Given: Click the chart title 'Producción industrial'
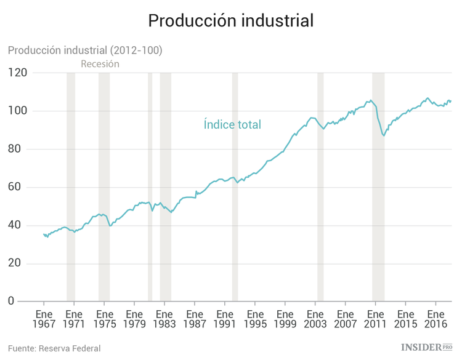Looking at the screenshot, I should point(231,20).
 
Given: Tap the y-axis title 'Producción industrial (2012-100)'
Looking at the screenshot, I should point(85,50).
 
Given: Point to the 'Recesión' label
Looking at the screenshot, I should point(100,64).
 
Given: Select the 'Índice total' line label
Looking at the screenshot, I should point(232,124).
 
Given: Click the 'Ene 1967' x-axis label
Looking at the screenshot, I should point(44,318).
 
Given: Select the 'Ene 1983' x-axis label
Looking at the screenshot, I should point(164,318).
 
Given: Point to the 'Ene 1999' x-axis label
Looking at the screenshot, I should point(285,318).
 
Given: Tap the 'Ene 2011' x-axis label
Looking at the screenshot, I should point(375,318).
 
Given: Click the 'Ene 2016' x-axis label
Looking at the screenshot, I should point(436,318).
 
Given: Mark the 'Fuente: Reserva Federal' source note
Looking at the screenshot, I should point(54,348).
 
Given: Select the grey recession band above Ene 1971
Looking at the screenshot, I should point(71,185).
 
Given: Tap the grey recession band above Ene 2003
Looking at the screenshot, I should point(320,185).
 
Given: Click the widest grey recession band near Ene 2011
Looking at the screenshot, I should point(378,185).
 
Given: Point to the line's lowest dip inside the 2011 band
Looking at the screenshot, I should point(384,135).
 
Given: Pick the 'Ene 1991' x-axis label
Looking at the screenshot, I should point(225,318).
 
